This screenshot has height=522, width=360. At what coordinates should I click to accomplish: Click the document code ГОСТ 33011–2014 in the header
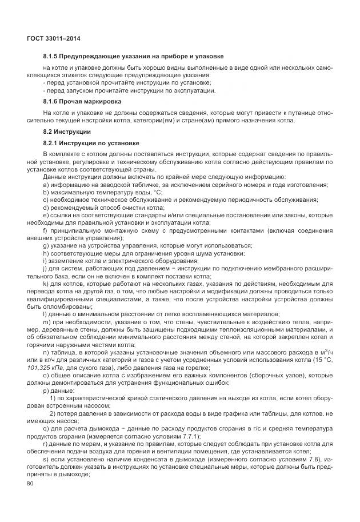coord(54,38)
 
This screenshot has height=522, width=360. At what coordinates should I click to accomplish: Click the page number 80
coord(31,484)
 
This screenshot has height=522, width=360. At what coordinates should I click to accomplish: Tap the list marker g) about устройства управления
coord(46,245)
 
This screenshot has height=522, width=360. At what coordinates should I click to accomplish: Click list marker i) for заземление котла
coord(45,260)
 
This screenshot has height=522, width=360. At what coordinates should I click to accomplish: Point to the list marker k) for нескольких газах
coord(46,283)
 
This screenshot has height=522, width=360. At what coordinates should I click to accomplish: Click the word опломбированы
coord(52,305)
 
